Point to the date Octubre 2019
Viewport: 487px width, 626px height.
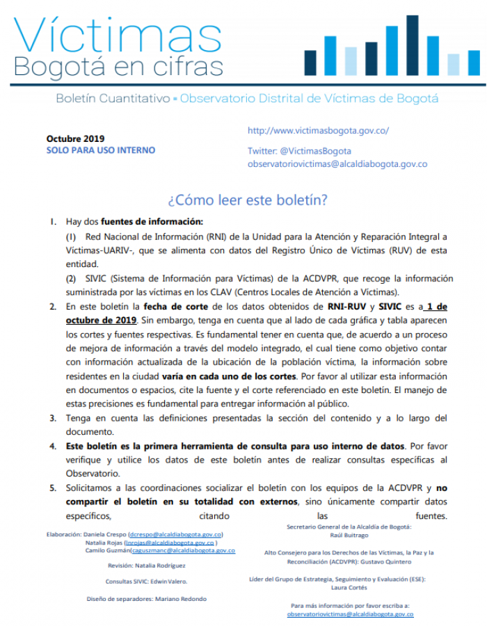point(76,138)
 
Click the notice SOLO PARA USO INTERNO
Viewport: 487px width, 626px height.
point(101,150)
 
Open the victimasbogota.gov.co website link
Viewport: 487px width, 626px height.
point(318,131)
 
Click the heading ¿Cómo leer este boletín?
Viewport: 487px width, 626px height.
point(248,200)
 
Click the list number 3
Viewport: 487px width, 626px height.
point(52,418)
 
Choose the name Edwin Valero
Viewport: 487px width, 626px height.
point(170,581)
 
